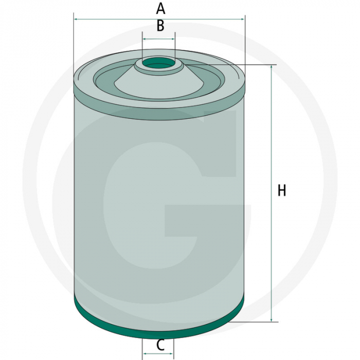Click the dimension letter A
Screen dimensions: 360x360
pos(160,8)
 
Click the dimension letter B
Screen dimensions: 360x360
pos(160,26)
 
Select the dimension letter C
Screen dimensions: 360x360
pos(160,345)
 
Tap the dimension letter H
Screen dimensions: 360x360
pos(281,190)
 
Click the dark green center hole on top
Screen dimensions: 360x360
pos(159,64)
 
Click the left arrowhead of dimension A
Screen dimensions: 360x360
pos(76,20)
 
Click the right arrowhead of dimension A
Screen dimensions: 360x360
pos(243,20)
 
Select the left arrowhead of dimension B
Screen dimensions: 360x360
pos(145,39)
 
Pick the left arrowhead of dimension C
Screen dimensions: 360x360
pos(145,354)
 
